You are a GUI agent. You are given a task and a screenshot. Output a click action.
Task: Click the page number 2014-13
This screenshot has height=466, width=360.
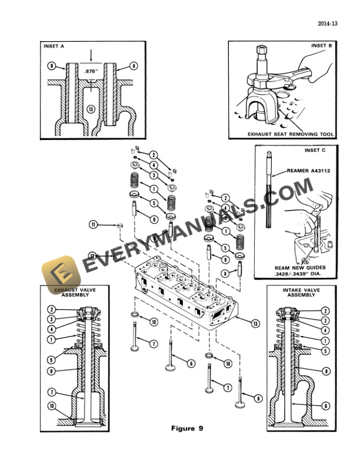click(328, 24)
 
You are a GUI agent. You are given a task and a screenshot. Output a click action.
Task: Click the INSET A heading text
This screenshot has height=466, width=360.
click(54, 46)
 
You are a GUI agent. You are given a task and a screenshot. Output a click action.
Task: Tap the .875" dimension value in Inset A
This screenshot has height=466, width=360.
click(89, 71)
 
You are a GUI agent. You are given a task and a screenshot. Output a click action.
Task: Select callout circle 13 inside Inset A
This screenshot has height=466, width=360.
click(91, 109)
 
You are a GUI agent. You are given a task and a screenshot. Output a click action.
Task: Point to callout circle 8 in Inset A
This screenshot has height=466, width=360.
click(134, 66)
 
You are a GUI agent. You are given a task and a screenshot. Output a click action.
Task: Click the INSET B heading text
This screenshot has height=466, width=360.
click(322, 45)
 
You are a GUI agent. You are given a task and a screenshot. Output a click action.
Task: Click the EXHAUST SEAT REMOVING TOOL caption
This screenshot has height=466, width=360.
click(291, 134)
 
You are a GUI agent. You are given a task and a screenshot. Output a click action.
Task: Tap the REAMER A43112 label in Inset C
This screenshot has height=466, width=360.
click(308, 171)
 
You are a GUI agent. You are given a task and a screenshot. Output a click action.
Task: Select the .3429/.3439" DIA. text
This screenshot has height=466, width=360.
click(298, 274)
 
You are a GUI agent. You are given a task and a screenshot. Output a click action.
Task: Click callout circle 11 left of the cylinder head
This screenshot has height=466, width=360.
click(94, 224)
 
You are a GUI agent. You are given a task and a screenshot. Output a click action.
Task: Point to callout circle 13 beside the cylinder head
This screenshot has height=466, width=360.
click(255, 324)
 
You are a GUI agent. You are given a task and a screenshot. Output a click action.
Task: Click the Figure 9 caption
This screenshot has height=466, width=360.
click(187, 428)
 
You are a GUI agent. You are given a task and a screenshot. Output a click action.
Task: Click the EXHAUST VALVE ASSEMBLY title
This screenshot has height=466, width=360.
click(75, 292)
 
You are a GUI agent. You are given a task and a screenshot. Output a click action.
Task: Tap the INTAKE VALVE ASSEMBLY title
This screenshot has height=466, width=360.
click(301, 292)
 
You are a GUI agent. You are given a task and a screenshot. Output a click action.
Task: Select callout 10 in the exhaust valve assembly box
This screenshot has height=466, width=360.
click(52, 405)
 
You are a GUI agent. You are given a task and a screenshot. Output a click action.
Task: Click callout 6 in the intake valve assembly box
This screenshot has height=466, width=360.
click(325, 405)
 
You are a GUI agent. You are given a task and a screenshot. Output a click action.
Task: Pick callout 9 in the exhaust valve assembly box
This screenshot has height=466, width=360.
click(51, 371)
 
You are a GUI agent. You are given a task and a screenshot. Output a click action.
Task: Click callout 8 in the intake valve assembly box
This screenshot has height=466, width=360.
click(325, 371)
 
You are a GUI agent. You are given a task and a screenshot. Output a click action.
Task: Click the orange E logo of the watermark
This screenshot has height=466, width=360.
click(62, 274)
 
